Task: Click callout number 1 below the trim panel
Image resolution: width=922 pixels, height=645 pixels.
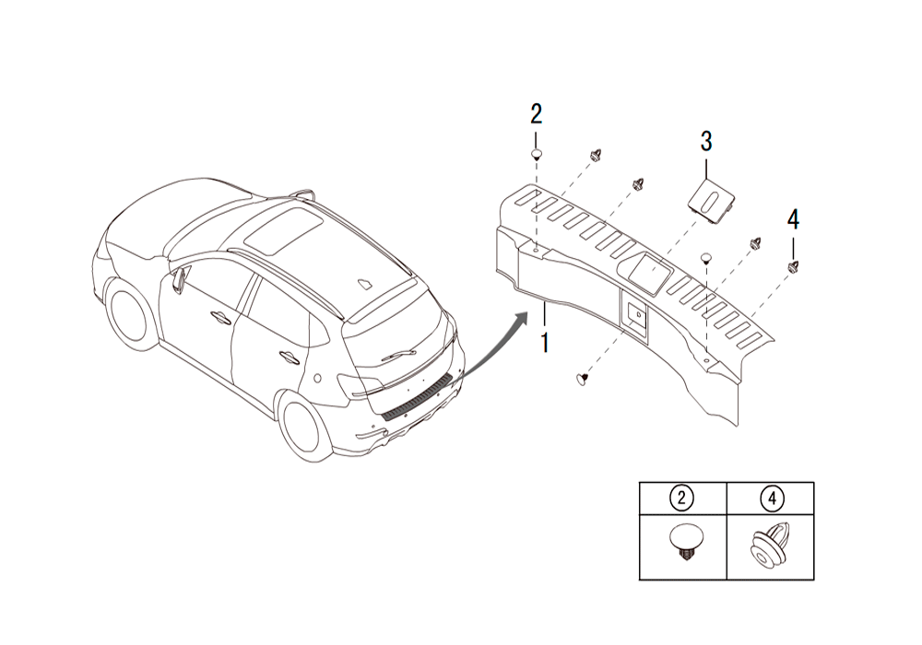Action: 545,343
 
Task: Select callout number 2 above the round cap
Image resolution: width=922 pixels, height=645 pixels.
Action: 537,115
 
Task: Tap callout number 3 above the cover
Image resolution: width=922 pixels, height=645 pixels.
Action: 705,142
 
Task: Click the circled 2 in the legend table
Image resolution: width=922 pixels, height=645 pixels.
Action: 681,498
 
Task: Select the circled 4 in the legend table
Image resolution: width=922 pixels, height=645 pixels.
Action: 771,498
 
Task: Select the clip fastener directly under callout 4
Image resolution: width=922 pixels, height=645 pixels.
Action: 793,266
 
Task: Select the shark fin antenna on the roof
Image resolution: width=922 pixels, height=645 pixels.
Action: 364,284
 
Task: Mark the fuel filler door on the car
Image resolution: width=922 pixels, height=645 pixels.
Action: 316,378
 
